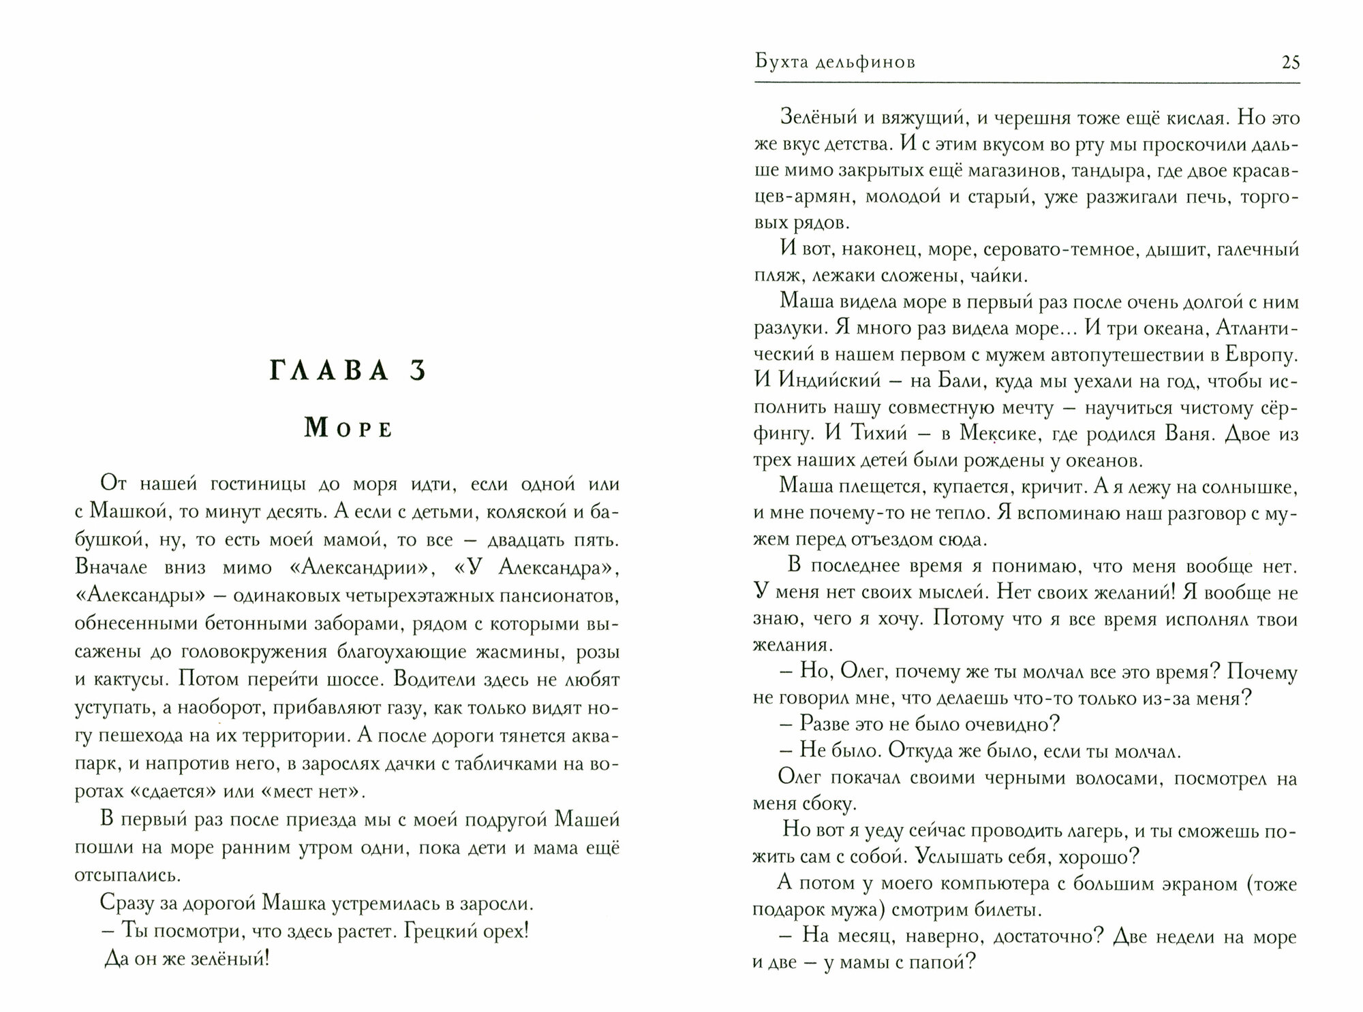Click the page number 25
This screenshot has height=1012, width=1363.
tap(1291, 63)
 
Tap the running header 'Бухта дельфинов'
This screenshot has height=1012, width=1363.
tap(836, 63)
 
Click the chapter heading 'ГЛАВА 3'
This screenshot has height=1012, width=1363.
tap(348, 371)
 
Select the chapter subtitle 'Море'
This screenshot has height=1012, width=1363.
tap(348, 429)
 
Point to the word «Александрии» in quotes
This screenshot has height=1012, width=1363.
tap(339, 567)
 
